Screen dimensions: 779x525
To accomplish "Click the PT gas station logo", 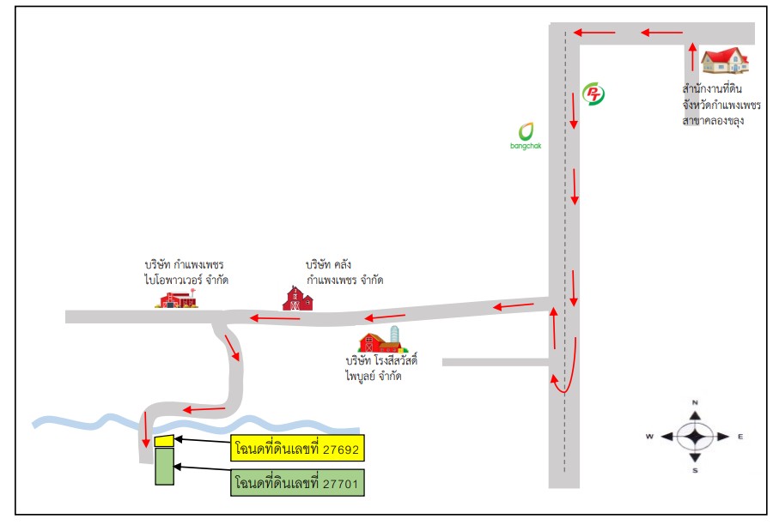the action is (593, 94).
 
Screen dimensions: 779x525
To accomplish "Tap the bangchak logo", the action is (526, 136).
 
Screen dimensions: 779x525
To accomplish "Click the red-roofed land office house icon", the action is (725, 60).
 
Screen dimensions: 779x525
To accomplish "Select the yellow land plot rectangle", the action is (164, 441).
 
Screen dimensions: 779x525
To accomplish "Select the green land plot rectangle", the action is (164, 466).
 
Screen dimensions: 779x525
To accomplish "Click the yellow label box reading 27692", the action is (297, 448).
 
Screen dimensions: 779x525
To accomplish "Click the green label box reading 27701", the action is (297, 482).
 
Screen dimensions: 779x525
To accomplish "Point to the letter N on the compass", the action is (695, 402).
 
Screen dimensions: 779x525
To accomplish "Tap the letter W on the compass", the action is (649, 437).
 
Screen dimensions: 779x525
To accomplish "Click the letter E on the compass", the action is (740, 437).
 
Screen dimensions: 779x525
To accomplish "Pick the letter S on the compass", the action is (695, 470).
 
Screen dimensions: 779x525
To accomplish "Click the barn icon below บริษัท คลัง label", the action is (297, 299).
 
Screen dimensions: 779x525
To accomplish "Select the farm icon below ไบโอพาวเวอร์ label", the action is (178, 299).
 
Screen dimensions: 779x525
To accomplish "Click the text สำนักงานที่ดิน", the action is (712, 89).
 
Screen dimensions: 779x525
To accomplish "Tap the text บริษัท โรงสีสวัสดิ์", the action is (381, 359).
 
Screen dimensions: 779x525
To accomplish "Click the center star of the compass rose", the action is (695, 437).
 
